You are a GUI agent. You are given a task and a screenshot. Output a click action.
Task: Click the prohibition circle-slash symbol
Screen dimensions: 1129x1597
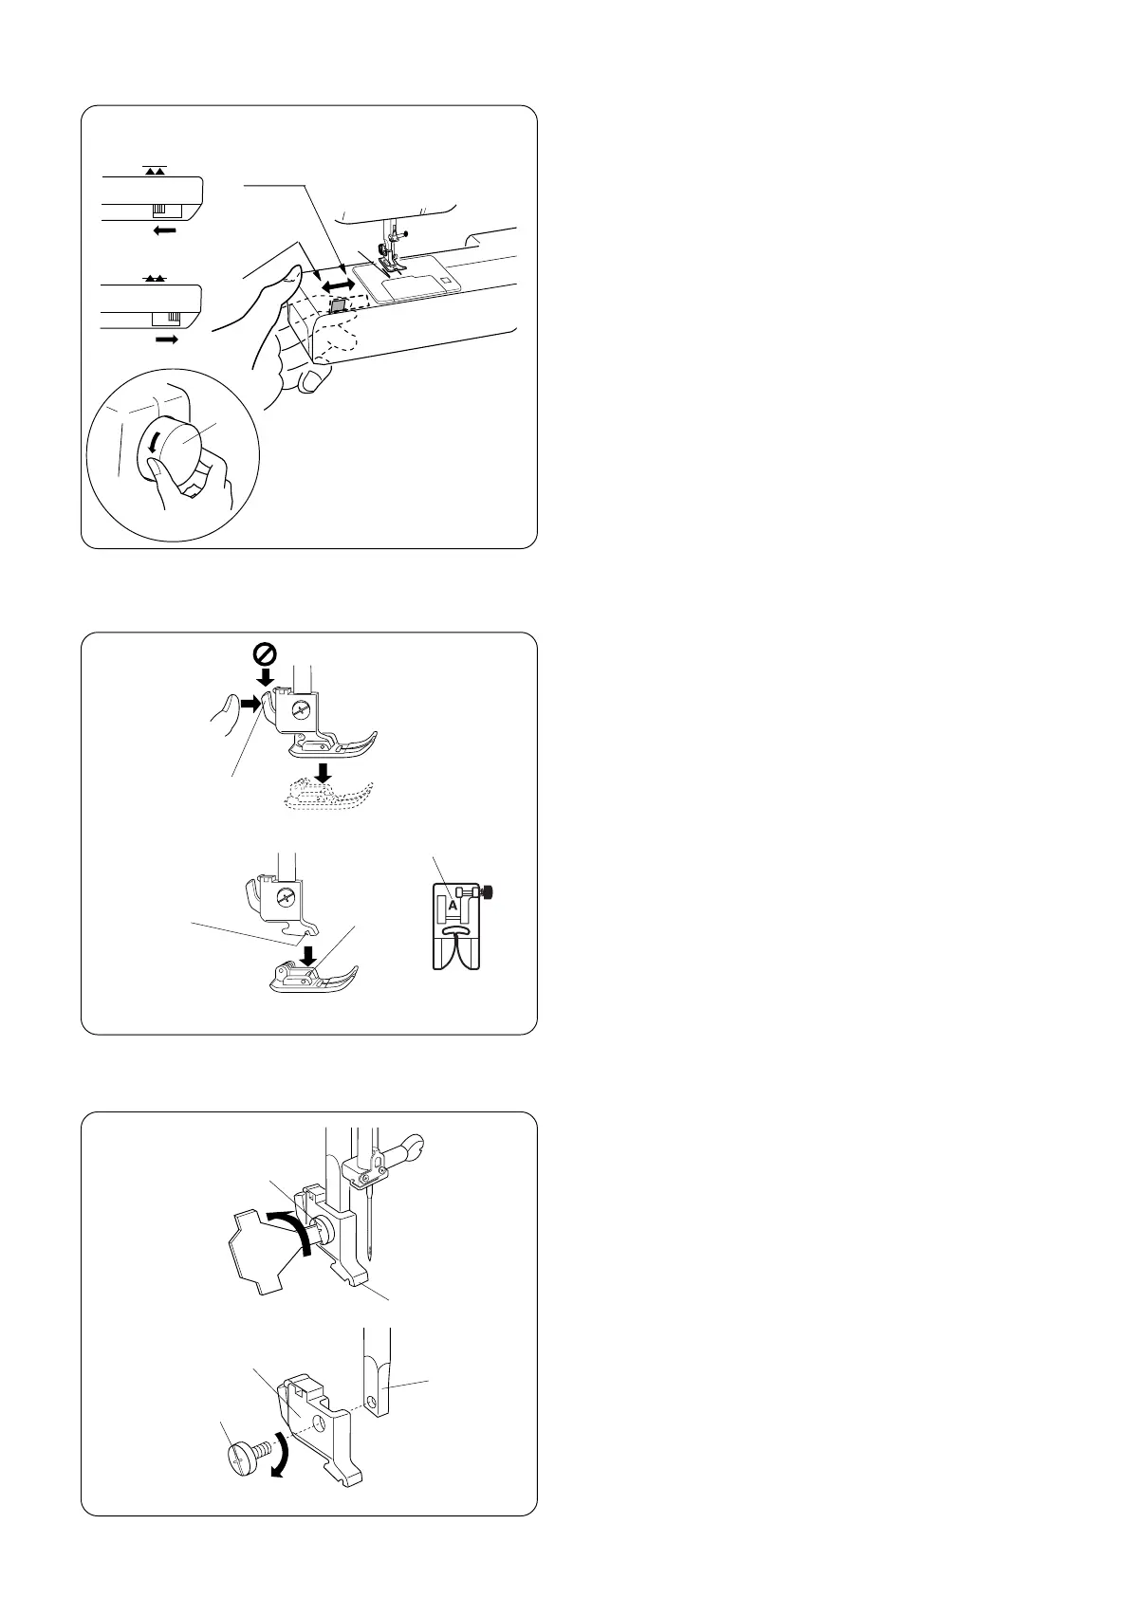click(265, 653)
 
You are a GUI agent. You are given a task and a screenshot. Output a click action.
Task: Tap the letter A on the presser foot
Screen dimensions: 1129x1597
click(453, 906)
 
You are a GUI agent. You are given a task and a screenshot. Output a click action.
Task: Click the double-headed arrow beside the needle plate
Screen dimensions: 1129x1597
click(337, 285)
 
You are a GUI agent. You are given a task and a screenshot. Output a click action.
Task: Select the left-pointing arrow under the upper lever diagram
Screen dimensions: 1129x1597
click(165, 230)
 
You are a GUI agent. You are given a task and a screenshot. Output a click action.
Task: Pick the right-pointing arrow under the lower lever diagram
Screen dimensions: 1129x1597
click(167, 340)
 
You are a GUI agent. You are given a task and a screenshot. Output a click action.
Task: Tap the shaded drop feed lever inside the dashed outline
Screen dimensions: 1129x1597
click(337, 305)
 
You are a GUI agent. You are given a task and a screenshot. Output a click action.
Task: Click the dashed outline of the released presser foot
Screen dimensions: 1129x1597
click(329, 793)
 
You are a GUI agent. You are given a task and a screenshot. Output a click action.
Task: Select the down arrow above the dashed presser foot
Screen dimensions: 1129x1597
click(324, 772)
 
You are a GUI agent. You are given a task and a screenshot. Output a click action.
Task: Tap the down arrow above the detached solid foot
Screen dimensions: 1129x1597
click(307, 955)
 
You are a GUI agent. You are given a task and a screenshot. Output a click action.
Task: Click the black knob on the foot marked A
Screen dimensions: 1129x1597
click(490, 891)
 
